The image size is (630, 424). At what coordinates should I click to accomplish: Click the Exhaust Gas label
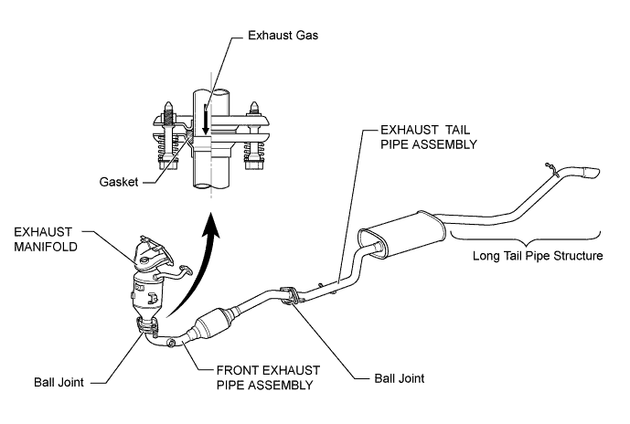(x=283, y=36)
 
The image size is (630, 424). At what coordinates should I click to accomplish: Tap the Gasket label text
(x=119, y=182)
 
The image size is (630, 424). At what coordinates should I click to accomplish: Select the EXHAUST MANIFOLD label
(x=46, y=238)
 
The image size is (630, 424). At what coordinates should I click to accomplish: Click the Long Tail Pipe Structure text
(x=538, y=256)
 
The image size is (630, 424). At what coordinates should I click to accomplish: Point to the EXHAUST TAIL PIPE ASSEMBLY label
(x=429, y=137)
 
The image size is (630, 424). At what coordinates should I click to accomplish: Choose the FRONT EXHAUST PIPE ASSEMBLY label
(x=268, y=377)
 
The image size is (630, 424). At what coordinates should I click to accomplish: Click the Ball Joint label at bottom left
(x=59, y=382)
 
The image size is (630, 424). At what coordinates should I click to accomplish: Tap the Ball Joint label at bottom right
(x=400, y=378)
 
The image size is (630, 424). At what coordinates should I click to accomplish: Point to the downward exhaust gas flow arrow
(x=206, y=120)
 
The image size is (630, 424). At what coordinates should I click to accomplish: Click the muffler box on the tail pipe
(x=401, y=234)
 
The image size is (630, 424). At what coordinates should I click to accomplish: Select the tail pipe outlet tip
(x=590, y=172)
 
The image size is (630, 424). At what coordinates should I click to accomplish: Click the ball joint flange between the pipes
(x=289, y=296)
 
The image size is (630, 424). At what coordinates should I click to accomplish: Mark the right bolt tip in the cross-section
(x=253, y=108)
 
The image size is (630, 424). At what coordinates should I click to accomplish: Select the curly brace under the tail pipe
(x=526, y=238)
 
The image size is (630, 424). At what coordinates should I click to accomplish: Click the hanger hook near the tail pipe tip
(x=550, y=169)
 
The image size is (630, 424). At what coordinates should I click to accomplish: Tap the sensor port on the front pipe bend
(x=171, y=343)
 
